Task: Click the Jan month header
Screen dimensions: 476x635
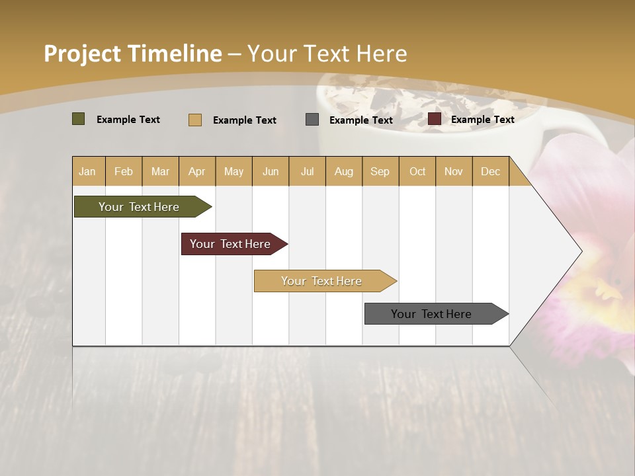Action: coord(87,171)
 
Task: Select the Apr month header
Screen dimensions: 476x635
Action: coord(196,171)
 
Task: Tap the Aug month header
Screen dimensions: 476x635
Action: coord(343,171)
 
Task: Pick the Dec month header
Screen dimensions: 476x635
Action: coord(490,171)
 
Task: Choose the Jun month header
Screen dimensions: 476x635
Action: coord(271,171)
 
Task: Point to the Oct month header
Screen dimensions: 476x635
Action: coord(417,171)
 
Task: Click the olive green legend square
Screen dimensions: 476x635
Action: coord(78,119)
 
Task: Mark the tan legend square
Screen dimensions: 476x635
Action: coord(194,120)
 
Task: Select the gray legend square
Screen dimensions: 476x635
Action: coord(312,120)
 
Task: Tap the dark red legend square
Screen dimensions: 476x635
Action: coord(434,119)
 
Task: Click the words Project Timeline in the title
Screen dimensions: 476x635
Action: coord(132,54)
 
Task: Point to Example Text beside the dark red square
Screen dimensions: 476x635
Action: coord(482,119)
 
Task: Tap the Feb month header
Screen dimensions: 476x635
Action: coord(124,171)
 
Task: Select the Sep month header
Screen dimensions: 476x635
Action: coord(380,171)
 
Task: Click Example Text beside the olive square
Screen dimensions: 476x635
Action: coord(128,119)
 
